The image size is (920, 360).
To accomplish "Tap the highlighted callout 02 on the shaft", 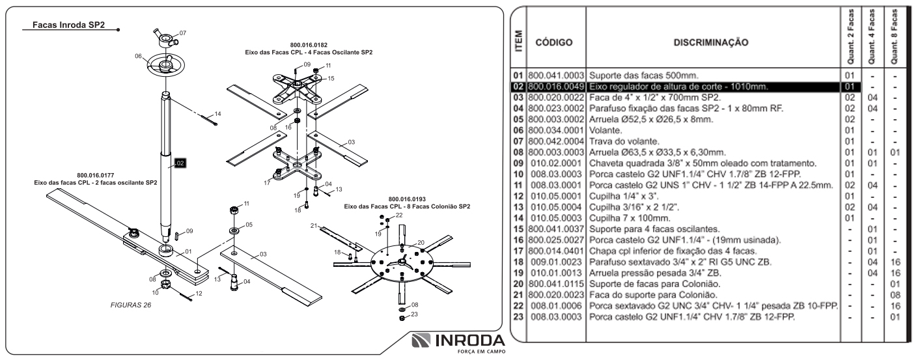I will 180,163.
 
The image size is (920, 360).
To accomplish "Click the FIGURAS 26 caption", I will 131,304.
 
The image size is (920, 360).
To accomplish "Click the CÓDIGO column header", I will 553,43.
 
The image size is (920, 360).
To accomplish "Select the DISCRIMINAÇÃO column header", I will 711,43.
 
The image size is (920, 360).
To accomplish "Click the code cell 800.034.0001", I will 555,132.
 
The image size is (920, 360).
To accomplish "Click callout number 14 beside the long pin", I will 217,114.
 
